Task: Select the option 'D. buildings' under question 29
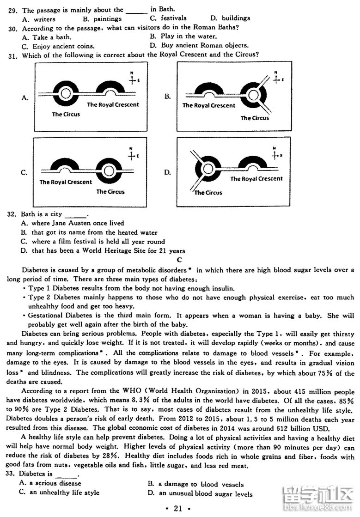tap(230, 18)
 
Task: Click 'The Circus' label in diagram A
tap(66, 114)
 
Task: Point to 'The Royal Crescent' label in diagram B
tap(209, 105)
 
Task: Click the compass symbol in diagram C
tap(133, 155)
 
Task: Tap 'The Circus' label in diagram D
tap(208, 193)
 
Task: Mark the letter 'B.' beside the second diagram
tap(167, 96)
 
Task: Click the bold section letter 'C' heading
tap(179, 260)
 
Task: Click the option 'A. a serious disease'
tap(50, 483)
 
